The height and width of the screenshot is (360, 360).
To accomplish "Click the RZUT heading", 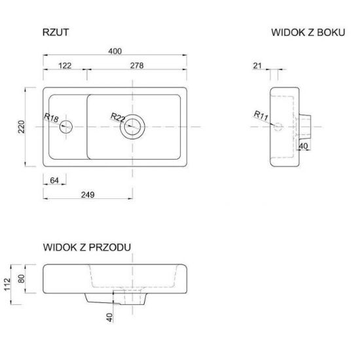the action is (x=56, y=32).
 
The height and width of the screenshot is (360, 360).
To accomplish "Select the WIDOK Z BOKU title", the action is (x=308, y=32).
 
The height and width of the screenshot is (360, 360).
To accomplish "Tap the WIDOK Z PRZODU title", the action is (x=87, y=247).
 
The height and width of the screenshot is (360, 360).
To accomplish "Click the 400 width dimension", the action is (x=115, y=51).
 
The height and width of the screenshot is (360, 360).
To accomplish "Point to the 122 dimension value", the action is (x=65, y=65).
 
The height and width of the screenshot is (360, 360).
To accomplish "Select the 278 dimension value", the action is (x=137, y=65).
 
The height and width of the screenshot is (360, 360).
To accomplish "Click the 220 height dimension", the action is (x=22, y=127).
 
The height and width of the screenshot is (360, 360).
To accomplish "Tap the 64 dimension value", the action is (x=54, y=181).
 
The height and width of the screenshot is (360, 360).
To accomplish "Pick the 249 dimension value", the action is (x=88, y=194).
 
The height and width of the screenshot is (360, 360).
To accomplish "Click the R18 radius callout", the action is (x=51, y=118).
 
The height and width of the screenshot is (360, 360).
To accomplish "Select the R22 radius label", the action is (x=118, y=117).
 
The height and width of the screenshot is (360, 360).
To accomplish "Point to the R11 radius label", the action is (x=261, y=115).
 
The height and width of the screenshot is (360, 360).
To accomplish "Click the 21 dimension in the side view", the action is (x=257, y=66).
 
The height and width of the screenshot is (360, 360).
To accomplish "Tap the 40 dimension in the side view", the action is (x=303, y=146).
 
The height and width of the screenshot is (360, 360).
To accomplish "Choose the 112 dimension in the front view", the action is (x=7, y=285).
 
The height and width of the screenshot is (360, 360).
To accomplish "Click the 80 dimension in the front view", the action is (x=22, y=279).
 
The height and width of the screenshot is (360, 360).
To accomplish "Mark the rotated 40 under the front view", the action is (x=110, y=317).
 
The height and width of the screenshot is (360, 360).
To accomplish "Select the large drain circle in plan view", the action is (x=132, y=127).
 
